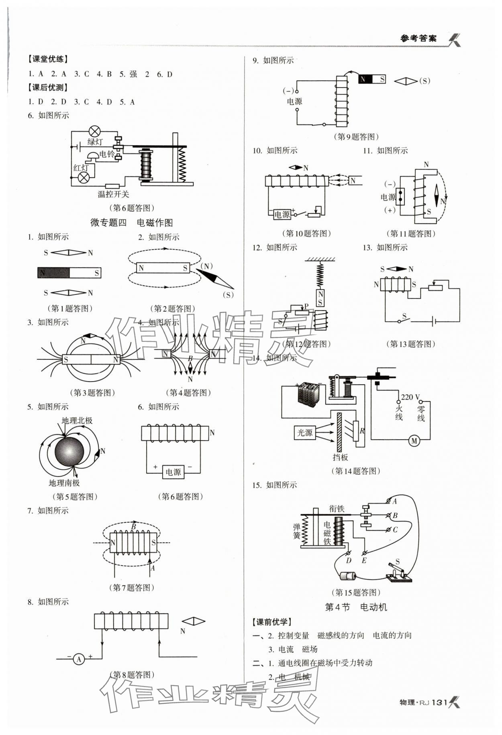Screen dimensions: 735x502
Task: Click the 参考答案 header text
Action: point(418,39)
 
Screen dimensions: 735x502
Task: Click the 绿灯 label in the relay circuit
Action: point(95,142)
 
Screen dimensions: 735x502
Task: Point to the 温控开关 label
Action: point(113,194)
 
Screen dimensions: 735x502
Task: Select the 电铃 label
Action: point(107,154)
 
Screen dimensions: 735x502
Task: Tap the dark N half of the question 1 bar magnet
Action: point(53,273)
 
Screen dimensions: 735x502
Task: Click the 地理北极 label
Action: point(77,420)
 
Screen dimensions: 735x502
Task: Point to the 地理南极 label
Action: point(64,483)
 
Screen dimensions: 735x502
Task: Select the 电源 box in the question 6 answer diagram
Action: point(173,472)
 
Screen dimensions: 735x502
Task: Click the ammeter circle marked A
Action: point(79,659)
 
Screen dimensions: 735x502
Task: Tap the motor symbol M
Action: point(414,441)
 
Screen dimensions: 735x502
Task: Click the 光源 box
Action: point(304,432)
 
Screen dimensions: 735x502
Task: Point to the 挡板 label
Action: point(340,457)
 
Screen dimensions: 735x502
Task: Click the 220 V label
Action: point(410,397)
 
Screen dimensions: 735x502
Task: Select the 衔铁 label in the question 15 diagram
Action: point(337,509)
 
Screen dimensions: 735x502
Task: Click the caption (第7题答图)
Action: point(131,587)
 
